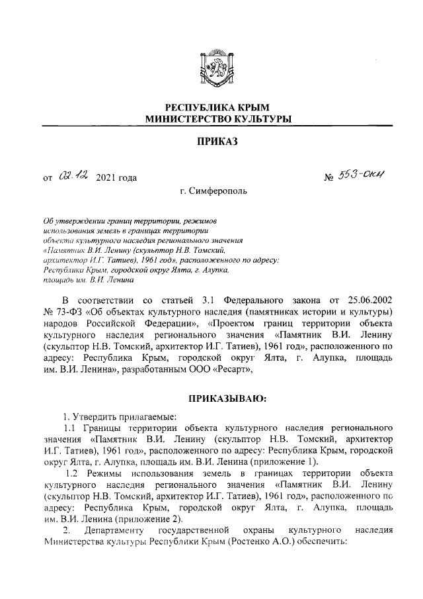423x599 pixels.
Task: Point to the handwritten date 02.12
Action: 72,175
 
